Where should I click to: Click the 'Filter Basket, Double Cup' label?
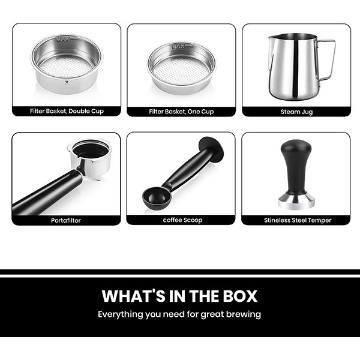pos(67,111)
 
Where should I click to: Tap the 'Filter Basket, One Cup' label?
pos(181,112)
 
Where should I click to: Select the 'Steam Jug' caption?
pos(296,112)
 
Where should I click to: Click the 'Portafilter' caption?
pos(66,220)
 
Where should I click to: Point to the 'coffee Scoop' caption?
pos(183,220)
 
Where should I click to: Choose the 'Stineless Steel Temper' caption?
pos(298,220)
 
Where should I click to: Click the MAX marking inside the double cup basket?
pos(63,40)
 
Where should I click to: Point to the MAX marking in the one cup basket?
pos(178,47)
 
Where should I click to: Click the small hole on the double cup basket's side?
pos(67,82)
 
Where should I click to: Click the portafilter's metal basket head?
pos(91,158)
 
